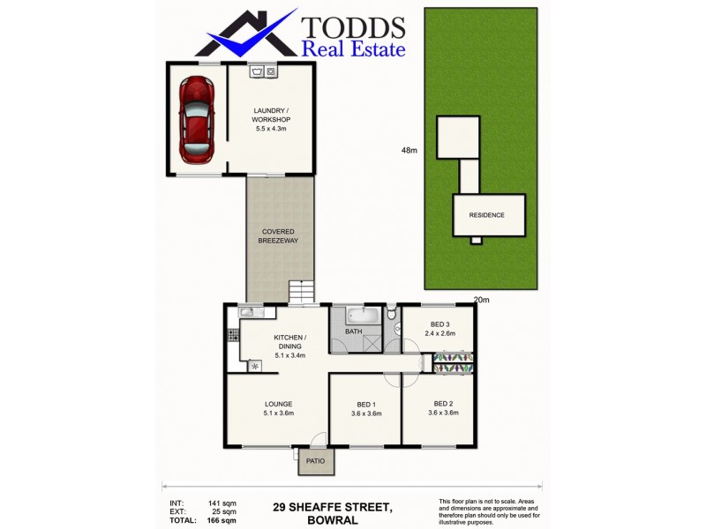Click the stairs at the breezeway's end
[x=302, y=291]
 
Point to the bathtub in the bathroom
[x=363, y=315]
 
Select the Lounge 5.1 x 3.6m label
[x=278, y=407]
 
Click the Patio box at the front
[x=315, y=461]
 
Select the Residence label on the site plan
[x=486, y=215]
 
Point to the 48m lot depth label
[x=409, y=151]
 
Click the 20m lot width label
[x=482, y=300]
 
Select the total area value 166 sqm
[x=224, y=520]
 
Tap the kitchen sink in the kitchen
[x=246, y=312]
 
